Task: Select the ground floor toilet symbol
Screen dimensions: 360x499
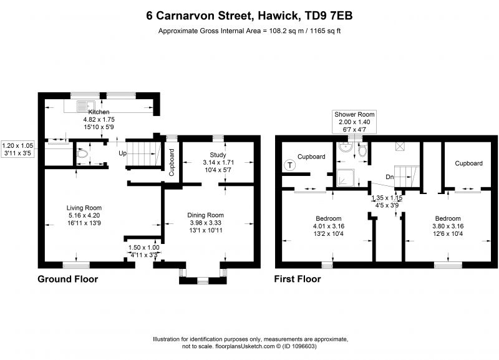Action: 80,152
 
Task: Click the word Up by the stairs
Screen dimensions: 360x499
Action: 124,152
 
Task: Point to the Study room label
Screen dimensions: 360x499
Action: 218,155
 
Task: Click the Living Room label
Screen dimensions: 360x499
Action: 84,208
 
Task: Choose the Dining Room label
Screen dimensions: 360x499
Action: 205,215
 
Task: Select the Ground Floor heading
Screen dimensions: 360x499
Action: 68,279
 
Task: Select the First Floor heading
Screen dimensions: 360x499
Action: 298,279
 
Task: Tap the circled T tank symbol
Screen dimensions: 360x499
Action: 289,165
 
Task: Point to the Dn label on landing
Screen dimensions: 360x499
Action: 389,177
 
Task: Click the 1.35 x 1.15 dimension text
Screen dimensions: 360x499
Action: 386,198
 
